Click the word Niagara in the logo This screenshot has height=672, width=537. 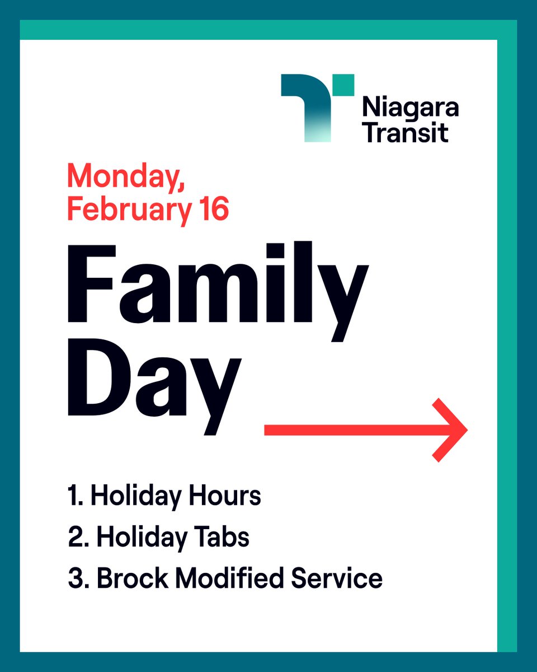pos(410,108)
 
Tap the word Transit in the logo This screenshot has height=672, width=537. pos(405,133)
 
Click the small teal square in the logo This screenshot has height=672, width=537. pos(343,84)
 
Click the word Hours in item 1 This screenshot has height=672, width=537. pos(229,496)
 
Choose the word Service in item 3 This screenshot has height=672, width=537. pos(339,578)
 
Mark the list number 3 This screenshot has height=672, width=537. pos(76,578)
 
